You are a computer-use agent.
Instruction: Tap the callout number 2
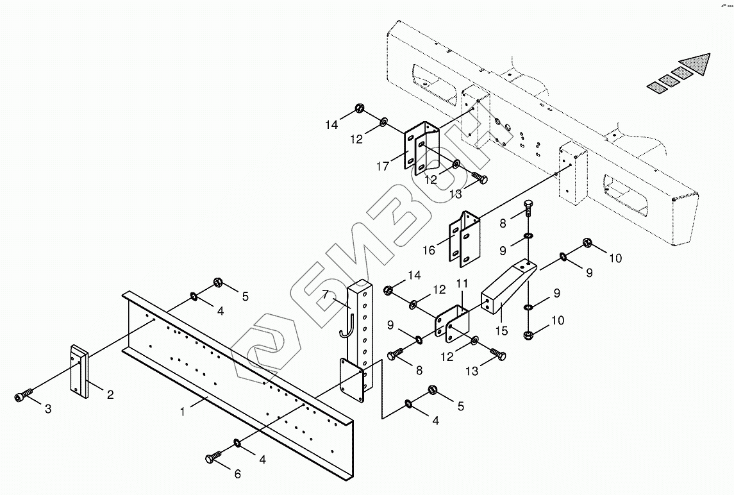pos(110,395)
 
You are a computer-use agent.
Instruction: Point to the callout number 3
pos(48,408)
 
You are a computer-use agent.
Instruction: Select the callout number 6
pos(238,474)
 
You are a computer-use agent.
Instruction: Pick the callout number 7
pos(326,295)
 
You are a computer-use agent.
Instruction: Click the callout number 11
pos(462,283)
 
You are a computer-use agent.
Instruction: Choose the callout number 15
pos(501,331)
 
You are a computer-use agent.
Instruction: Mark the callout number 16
pos(429,250)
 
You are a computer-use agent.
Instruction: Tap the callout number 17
pos(383,167)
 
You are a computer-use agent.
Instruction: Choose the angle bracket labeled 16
pos(465,237)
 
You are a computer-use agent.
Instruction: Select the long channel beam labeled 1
pos(237,365)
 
